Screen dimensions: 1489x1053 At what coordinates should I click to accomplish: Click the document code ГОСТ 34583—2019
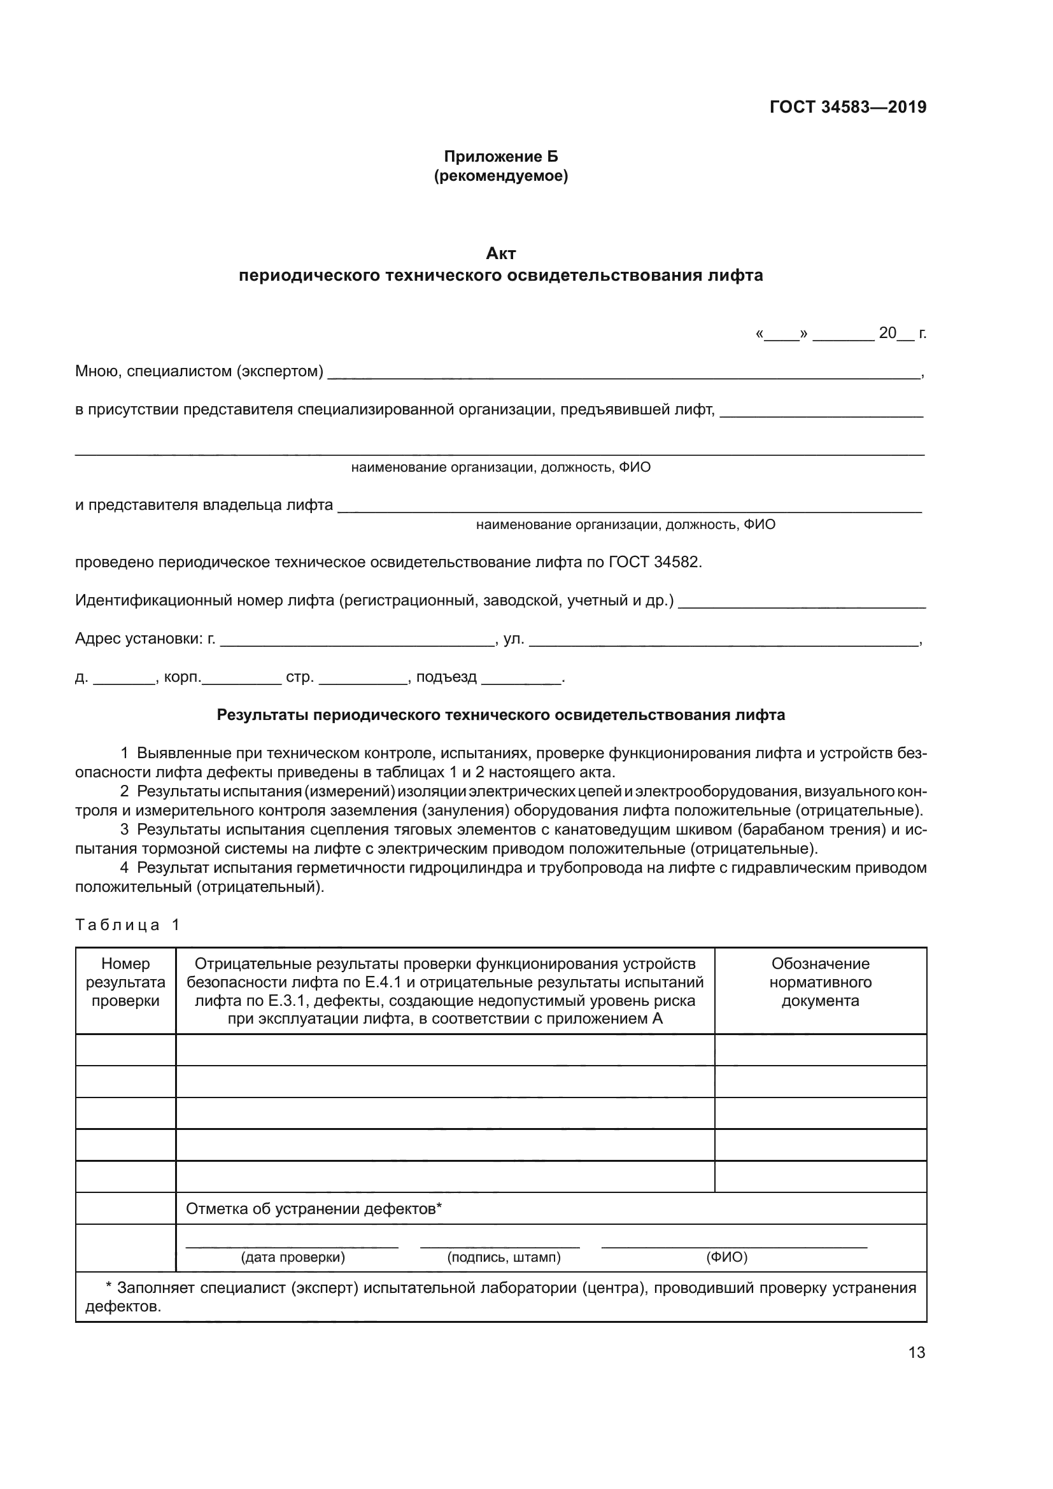click(847, 107)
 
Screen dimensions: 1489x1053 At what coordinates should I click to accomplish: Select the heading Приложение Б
click(500, 157)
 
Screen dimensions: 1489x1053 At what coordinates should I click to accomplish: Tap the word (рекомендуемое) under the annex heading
click(500, 176)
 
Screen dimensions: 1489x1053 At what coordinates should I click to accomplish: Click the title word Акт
click(500, 253)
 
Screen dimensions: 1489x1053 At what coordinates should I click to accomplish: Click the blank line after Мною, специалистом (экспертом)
click(623, 373)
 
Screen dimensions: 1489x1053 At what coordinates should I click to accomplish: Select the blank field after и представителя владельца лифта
click(629, 507)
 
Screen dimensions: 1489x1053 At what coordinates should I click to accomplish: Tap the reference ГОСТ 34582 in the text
click(655, 561)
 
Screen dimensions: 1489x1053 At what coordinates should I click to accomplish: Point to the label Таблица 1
click(127, 925)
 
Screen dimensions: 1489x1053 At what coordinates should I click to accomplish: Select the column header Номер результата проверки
click(125, 982)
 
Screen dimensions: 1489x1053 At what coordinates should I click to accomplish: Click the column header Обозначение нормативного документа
click(819, 982)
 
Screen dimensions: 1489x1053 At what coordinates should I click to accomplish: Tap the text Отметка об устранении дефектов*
click(314, 1208)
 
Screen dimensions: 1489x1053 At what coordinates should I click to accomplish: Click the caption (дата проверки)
click(292, 1257)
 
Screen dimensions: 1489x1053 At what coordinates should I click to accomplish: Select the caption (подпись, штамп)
click(503, 1257)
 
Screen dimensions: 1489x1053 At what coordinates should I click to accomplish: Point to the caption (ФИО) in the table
click(726, 1257)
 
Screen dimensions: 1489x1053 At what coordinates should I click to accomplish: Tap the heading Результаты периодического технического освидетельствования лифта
click(500, 715)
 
